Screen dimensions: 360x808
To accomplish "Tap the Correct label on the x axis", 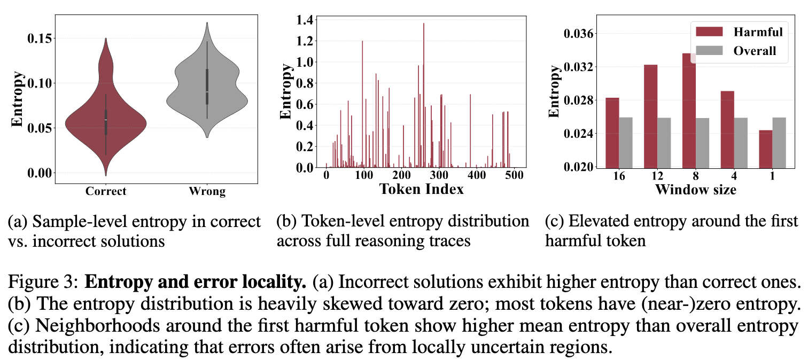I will coord(106,191).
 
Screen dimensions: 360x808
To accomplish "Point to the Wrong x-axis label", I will coord(207,192).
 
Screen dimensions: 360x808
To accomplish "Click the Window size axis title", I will coord(696,189).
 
